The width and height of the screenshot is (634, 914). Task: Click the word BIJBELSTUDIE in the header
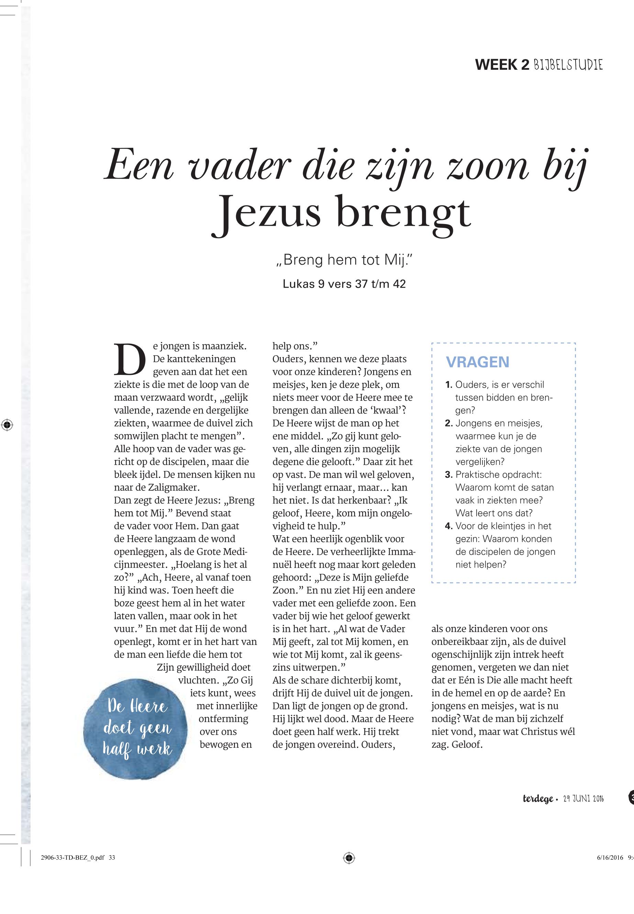click(568, 65)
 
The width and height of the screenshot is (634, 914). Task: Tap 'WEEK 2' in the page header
click(502, 65)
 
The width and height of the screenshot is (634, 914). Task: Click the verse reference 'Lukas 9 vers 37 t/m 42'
click(344, 284)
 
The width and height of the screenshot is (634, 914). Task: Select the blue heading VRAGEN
click(478, 362)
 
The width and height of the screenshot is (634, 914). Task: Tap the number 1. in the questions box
click(449, 384)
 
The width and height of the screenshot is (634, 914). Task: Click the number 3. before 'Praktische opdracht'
click(449, 474)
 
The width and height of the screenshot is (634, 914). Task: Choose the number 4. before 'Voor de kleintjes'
click(449, 526)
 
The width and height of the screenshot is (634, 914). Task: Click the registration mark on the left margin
click(7, 425)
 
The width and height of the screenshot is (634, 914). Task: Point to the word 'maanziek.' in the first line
click(224, 346)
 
